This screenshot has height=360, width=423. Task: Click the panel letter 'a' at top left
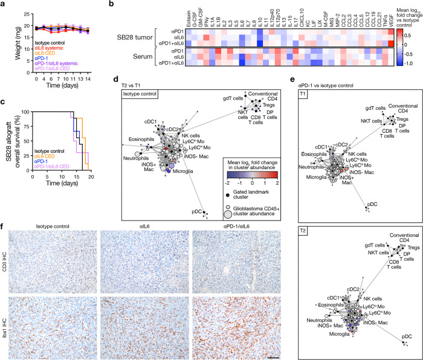click(x=4, y=5)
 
